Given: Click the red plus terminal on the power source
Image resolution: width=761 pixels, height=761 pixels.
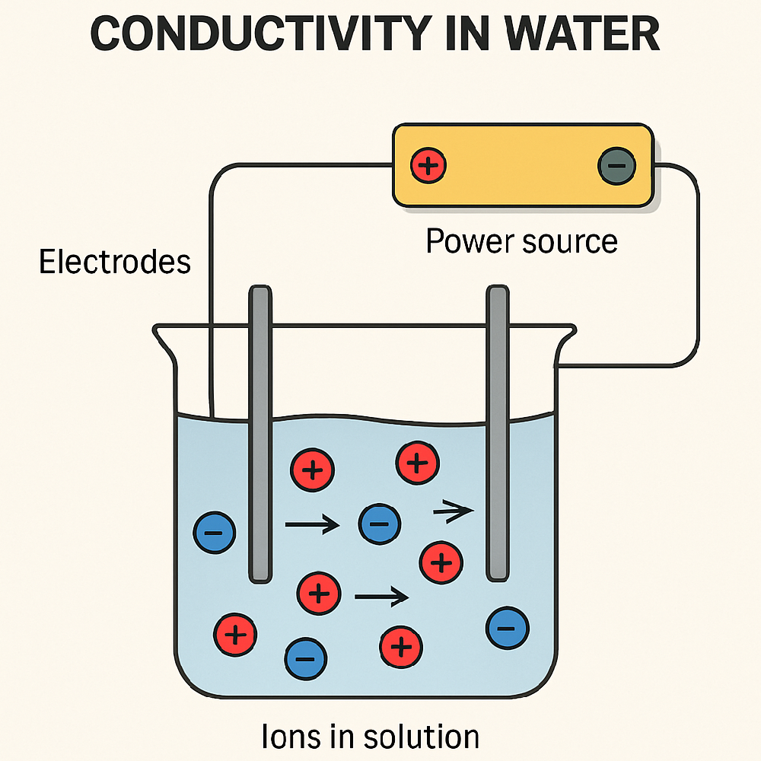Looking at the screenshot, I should (x=428, y=165).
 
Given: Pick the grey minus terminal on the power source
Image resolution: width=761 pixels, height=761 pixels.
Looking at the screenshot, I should (x=616, y=166).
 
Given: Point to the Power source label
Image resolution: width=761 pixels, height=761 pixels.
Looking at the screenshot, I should (x=521, y=241).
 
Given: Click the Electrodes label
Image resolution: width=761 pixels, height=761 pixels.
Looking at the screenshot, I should (x=115, y=262).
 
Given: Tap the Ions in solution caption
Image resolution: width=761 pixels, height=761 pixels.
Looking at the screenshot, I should (x=371, y=737).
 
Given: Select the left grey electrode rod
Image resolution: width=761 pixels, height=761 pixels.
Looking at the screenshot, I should (x=260, y=434).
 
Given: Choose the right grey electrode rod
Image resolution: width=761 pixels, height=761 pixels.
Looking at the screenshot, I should (x=497, y=434).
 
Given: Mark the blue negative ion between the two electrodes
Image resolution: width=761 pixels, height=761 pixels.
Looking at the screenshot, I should (x=379, y=524).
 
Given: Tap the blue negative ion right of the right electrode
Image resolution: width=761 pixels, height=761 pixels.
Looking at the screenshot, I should (x=508, y=629).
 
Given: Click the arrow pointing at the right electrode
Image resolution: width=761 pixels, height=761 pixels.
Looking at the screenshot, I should (x=453, y=513).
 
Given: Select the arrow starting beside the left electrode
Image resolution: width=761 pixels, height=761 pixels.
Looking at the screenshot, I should (x=311, y=524).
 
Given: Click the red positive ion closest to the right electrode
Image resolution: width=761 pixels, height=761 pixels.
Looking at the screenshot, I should (x=441, y=562).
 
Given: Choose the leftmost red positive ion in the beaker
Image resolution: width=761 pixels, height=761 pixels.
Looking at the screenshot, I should (x=236, y=633).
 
